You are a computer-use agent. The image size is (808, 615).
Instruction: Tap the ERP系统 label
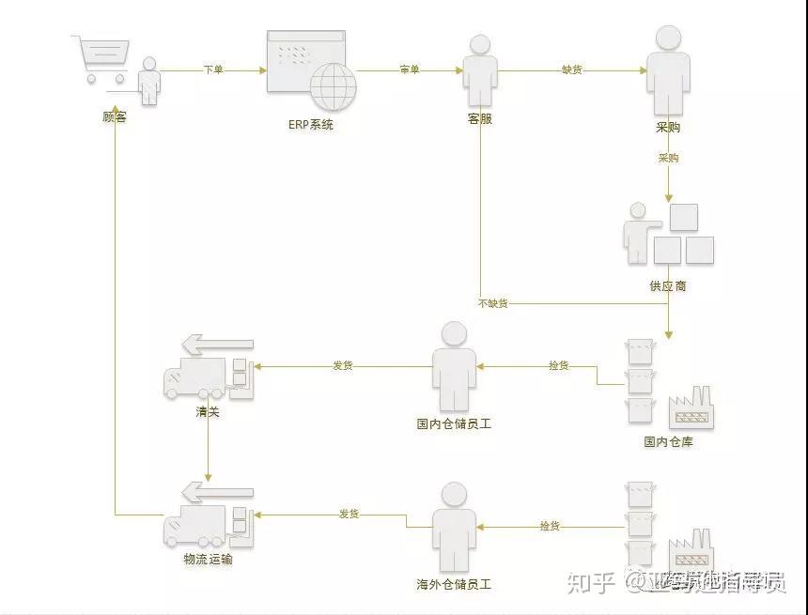[x=310, y=125]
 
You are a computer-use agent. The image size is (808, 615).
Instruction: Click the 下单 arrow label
[x=213, y=69]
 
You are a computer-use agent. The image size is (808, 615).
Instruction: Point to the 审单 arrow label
[x=410, y=69]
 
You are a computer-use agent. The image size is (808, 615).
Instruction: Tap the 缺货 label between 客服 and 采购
[x=572, y=69]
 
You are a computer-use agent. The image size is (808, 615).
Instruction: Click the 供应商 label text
[x=668, y=284]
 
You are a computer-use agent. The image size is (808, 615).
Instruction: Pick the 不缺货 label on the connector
[x=493, y=303]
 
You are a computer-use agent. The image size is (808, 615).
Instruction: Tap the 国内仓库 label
[x=668, y=441]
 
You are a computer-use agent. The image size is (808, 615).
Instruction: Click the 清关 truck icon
[x=209, y=374]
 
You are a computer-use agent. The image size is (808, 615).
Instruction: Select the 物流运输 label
[x=208, y=560]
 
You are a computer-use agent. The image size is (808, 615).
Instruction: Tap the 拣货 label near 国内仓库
[x=559, y=365]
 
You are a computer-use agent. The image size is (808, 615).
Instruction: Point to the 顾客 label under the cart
[x=115, y=117]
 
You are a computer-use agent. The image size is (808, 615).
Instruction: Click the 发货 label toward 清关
[x=343, y=365]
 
